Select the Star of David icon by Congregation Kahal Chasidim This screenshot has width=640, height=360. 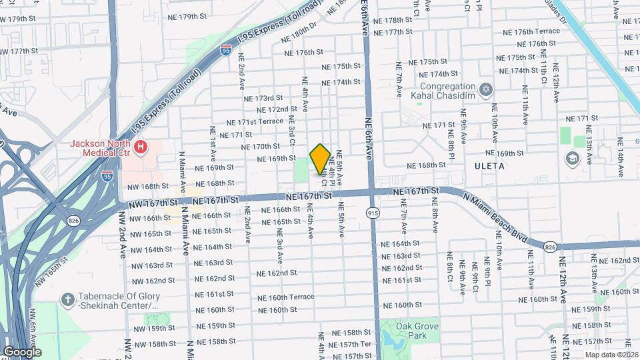coord(486,89)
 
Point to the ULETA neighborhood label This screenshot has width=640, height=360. coord(489,165)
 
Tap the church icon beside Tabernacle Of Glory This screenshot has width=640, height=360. coord(67,300)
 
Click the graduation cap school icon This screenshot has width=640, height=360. coord(571,159)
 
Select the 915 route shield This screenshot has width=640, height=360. coord(373,212)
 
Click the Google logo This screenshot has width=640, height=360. coord(21,352)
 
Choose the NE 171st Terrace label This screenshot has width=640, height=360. coord(255,122)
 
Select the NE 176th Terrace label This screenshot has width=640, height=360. coord(531,31)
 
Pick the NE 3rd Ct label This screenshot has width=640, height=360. coord(291,131)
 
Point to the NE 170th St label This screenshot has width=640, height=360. coord(261,146)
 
